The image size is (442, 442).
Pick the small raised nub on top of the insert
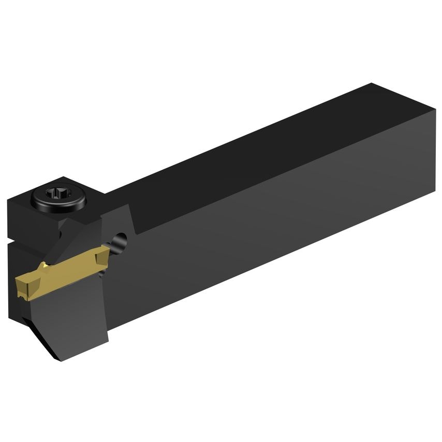(x=46, y=266)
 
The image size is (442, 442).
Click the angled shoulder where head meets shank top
(x=127, y=217)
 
